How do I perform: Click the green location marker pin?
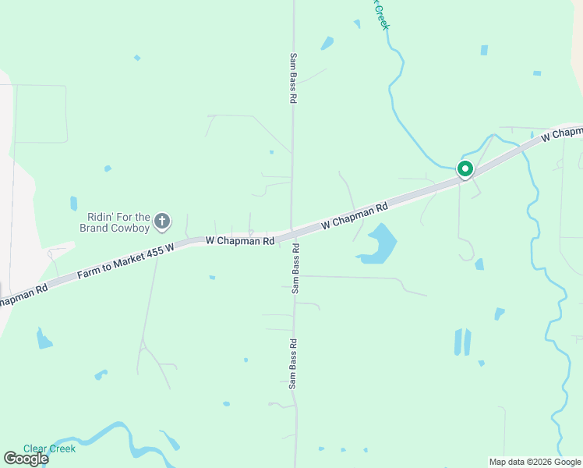(465, 168)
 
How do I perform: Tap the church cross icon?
(162, 222)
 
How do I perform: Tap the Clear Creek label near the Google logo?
(49, 448)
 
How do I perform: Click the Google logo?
(26, 459)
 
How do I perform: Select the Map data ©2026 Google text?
(535, 462)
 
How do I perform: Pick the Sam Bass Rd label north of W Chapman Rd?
(294, 79)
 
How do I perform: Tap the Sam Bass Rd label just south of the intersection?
(295, 268)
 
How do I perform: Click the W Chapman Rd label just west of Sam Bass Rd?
(240, 241)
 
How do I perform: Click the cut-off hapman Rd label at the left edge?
(23, 294)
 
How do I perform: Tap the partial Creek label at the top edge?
(382, 16)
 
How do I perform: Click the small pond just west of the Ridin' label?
(73, 204)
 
